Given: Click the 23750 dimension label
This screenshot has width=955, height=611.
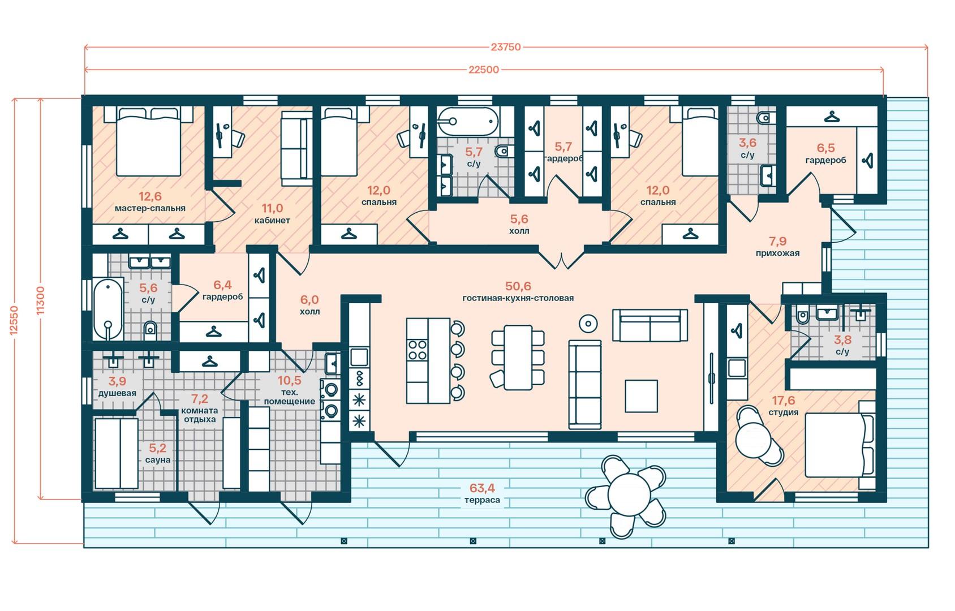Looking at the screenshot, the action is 506,47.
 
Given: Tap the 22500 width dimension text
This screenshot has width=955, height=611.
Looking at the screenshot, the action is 484,70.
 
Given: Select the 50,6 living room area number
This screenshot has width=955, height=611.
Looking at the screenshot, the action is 518,286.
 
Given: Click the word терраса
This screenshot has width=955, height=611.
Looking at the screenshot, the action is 482,500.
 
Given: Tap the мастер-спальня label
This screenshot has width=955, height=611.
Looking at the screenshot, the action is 150,209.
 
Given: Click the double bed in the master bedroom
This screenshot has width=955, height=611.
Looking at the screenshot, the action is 149,141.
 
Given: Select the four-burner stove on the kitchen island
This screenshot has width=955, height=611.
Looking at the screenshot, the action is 418,350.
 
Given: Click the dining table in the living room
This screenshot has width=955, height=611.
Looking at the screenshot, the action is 518,358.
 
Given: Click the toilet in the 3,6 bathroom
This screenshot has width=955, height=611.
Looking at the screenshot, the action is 765,117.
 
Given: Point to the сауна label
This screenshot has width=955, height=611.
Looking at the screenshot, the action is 158,460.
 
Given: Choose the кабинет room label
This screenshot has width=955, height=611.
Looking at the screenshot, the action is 272,221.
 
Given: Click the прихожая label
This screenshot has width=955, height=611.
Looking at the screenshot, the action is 778,253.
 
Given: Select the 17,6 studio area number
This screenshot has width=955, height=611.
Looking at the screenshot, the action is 784,401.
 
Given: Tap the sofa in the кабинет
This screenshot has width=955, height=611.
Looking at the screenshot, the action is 296,149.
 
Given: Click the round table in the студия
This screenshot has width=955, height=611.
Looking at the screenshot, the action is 754,438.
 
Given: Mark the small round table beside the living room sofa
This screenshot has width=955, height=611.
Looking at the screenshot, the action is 588,324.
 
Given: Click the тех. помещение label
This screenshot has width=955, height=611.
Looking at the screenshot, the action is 290,397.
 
